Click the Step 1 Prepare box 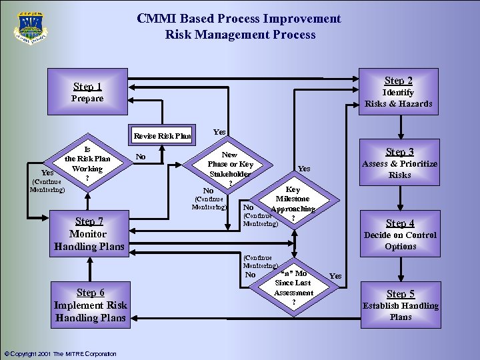tap(87, 92)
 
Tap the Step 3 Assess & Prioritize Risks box tap(399, 163)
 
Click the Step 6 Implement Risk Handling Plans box tap(91, 305)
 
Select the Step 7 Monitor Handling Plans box tap(89, 233)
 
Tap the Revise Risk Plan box tap(162, 136)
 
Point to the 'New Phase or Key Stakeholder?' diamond tap(230, 168)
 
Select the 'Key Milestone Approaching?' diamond tap(293, 203)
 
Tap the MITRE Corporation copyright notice tap(60, 353)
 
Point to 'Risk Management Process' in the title tap(240, 35)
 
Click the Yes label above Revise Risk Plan tap(219, 132)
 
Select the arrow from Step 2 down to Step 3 tap(400, 125)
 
